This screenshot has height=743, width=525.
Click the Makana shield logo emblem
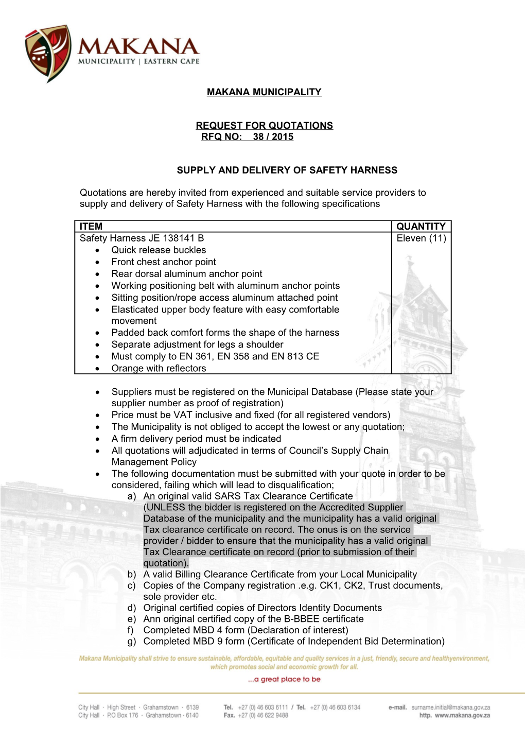[48, 53]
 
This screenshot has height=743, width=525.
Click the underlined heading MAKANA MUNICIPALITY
[264, 92]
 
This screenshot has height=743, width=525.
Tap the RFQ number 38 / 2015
[273, 137]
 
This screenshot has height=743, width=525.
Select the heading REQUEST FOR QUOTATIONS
[264, 126]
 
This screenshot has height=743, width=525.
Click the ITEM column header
[91, 227]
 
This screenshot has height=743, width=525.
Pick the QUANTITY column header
[421, 227]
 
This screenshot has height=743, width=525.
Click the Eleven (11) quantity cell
[421, 238]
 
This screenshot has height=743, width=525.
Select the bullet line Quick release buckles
[159, 250]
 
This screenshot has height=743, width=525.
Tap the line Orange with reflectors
[159, 369]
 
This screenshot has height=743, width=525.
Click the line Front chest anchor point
[164, 262]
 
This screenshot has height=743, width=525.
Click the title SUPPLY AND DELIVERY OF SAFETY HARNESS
[287, 170]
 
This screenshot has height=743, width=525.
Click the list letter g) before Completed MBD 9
[132, 642]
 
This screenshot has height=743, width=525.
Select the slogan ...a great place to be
[284, 680]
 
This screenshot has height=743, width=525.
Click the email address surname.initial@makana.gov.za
[450, 707]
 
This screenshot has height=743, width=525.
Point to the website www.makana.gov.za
[462, 716]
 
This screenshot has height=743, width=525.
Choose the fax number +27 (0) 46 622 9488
[263, 716]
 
